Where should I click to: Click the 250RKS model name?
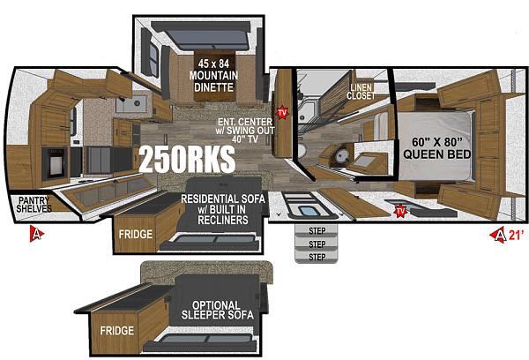point(187,159)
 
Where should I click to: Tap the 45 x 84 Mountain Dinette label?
point(213,75)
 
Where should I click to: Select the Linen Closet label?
point(361,92)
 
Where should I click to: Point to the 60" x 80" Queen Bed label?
point(437,148)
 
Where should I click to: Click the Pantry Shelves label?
point(34,205)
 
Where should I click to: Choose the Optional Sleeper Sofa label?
point(217,310)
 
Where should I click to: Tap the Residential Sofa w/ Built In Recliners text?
point(223,209)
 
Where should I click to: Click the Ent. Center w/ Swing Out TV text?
point(245,131)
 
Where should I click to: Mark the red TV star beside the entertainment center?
point(282,112)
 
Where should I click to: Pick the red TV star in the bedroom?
point(400,211)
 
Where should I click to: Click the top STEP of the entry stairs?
point(317,231)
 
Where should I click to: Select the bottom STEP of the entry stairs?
point(317,258)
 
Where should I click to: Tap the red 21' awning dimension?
point(517,235)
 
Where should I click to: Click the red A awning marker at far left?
point(36,234)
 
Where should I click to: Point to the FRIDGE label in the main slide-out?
point(136,234)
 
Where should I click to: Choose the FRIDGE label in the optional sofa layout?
point(116,330)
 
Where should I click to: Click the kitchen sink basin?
point(131,104)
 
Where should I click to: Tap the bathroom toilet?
point(302,151)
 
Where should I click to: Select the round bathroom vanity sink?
point(342,155)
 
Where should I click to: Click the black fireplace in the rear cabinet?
point(54,162)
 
